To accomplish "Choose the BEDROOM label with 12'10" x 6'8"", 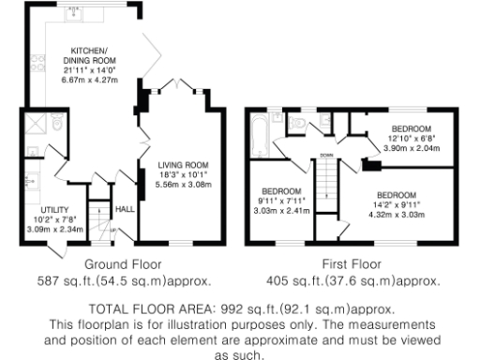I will coord(411,127).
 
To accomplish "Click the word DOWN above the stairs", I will coord(325,156).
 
